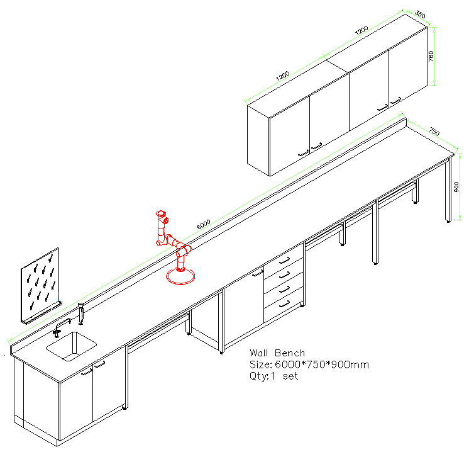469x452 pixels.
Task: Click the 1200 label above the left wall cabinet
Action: [282, 75]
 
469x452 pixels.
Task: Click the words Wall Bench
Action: [277, 353]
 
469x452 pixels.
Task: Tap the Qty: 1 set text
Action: [273, 376]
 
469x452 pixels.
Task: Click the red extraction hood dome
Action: [181, 276]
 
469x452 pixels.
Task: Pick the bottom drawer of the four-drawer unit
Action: [284, 303]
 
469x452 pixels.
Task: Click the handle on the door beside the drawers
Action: [257, 273]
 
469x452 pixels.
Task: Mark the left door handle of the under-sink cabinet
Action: [86, 371]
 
